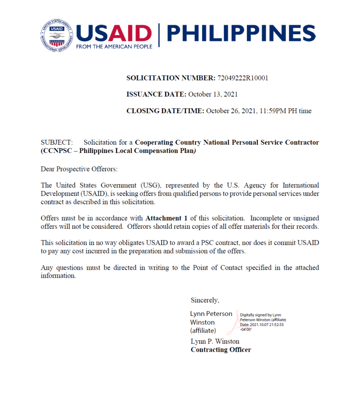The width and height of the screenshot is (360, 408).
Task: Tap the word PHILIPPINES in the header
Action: (x=240, y=33)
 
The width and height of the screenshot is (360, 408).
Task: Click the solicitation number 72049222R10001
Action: (x=242, y=78)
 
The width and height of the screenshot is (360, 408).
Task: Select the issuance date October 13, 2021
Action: (x=213, y=94)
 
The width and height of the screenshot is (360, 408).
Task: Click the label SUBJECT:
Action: (x=57, y=142)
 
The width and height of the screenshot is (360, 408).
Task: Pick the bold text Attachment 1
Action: (x=167, y=218)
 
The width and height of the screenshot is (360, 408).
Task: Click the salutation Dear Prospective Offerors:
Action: (x=79, y=169)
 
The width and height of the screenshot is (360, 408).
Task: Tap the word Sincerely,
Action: (x=205, y=300)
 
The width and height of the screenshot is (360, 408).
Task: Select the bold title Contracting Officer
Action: (x=221, y=350)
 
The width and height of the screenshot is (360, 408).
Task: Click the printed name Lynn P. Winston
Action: (x=215, y=341)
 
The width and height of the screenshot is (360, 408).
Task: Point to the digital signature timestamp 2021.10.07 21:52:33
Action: (x=267, y=324)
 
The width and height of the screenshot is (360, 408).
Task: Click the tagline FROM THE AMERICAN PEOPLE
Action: (x=114, y=47)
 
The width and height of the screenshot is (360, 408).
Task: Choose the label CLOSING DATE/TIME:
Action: (x=165, y=111)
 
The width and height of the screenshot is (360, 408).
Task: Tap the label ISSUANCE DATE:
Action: (x=156, y=94)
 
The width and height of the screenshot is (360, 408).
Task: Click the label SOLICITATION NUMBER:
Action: (x=171, y=78)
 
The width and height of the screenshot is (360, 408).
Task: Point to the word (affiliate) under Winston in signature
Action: (x=203, y=331)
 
